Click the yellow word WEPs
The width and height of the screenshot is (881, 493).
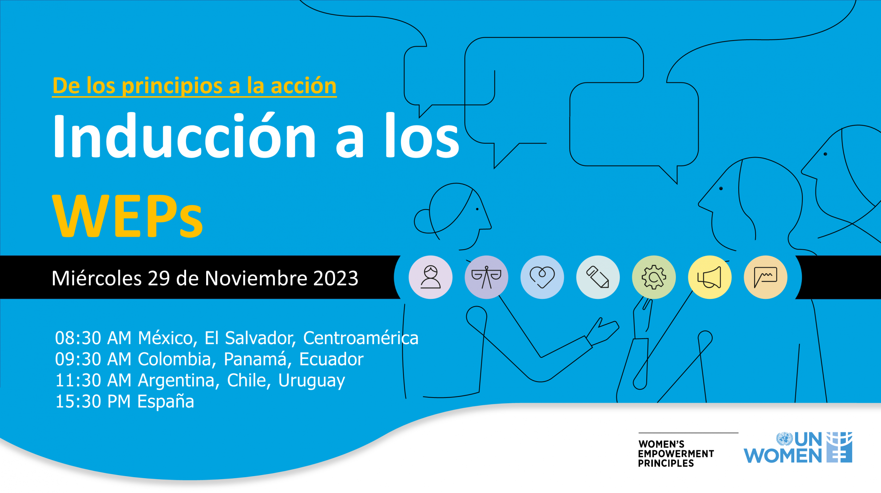(128, 216)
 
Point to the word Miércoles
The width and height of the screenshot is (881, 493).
(97, 278)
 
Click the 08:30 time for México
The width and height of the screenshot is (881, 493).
(78, 338)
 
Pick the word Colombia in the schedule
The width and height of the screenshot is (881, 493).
(174, 359)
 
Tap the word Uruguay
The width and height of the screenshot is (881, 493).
(312, 381)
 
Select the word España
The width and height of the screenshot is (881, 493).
(166, 401)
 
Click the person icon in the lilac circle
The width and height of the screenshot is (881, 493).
(430, 277)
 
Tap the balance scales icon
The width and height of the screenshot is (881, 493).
(486, 277)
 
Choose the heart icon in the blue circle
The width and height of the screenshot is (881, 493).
(542, 277)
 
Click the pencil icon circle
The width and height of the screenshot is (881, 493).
(598, 277)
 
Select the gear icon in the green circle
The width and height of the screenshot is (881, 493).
(654, 277)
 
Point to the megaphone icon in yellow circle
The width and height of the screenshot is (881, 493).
(709, 277)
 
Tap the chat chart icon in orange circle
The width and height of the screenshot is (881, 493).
(765, 277)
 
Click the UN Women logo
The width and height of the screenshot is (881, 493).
(798, 448)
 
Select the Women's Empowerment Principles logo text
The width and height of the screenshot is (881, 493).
(676, 454)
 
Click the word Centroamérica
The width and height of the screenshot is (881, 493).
(361, 338)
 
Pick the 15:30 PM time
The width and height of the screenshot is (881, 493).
(93, 401)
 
